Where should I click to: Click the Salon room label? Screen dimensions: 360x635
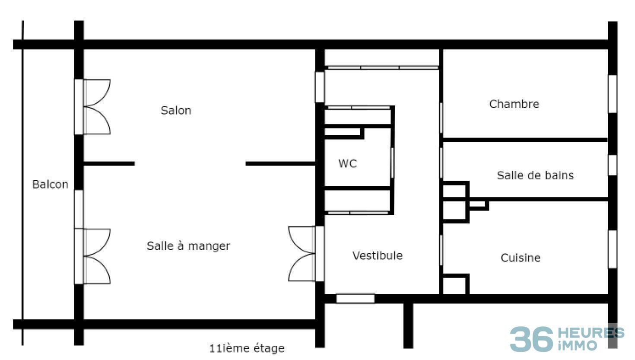[x=176, y=111]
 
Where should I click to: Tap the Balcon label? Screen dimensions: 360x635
[x=51, y=185]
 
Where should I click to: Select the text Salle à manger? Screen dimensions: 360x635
[x=188, y=246]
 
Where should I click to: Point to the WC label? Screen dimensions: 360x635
[x=347, y=163]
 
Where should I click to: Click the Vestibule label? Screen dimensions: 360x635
[x=377, y=255]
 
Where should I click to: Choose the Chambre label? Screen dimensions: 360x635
[x=514, y=104]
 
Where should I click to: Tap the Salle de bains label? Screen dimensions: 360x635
[x=535, y=175]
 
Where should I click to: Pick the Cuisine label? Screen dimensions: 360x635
[x=520, y=258]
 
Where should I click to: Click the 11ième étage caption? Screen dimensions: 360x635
[x=247, y=348]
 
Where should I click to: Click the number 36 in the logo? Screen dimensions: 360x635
[x=531, y=339]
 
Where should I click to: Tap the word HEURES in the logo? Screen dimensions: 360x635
[x=591, y=333]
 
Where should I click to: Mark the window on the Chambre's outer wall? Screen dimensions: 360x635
[x=613, y=94]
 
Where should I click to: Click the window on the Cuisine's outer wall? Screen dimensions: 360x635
[x=613, y=249]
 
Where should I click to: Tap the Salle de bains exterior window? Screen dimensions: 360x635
[x=613, y=165]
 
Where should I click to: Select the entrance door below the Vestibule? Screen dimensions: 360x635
[x=355, y=298]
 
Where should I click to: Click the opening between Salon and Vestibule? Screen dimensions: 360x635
[x=320, y=87]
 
